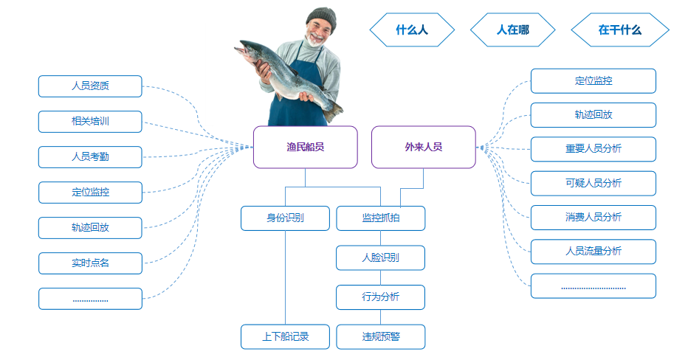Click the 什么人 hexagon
point(412,30)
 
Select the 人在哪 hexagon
point(512,30)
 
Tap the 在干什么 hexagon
point(619,30)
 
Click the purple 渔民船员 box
point(305,147)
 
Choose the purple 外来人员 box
point(423,147)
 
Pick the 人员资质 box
point(90,86)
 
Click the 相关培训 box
point(90,121)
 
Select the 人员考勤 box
point(90,156)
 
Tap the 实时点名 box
point(90,263)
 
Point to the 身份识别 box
point(285,218)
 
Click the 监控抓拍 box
point(380,218)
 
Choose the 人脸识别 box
point(380,257)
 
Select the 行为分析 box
point(380,297)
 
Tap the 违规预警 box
point(380,336)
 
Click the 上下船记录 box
point(285,336)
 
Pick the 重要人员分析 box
point(593,148)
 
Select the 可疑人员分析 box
point(593,183)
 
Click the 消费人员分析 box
point(593,217)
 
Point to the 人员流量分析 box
point(593,251)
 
